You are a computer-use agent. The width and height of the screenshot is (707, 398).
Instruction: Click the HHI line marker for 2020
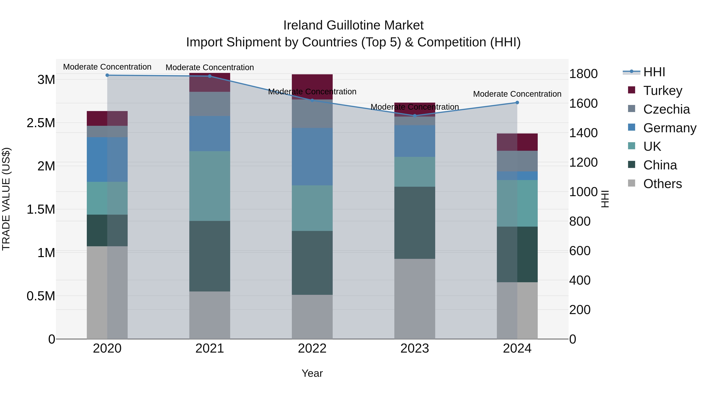click(107, 75)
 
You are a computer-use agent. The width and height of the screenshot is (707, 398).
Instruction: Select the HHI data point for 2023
click(415, 116)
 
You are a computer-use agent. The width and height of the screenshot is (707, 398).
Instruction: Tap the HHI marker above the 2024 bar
click(517, 102)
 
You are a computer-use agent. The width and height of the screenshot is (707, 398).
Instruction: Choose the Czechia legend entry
click(666, 109)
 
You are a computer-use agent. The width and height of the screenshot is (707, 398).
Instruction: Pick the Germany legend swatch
click(632, 127)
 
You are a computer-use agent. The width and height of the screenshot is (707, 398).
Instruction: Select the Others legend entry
click(662, 184)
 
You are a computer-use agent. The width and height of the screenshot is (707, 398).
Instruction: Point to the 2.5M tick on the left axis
click(41, 123)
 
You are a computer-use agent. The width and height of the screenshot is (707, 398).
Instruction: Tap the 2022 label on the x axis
click(312, 348)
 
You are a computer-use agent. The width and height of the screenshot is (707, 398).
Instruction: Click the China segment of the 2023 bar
click(415, 222)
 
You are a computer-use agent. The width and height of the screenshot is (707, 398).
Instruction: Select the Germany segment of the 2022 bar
click(312, 157)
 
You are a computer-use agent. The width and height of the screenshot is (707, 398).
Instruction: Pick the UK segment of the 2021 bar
click(210, 186)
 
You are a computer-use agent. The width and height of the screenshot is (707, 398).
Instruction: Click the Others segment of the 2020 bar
click(107, 292)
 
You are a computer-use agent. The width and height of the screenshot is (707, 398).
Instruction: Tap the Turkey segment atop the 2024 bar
click(517, 142)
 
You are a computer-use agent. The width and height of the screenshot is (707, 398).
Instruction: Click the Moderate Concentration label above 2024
click(517, 94)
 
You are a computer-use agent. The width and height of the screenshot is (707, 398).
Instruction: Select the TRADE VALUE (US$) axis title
click(6, 199)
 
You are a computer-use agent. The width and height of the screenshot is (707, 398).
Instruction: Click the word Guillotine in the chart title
click(353, 25)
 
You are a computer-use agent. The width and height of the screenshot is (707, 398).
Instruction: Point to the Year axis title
click(312, 373)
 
